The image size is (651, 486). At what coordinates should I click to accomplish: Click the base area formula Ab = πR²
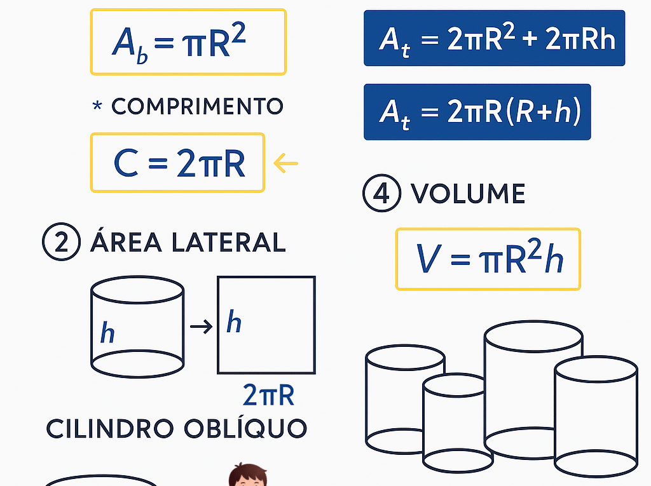pos(188,42)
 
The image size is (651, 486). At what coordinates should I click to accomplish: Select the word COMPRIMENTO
pos(197,106)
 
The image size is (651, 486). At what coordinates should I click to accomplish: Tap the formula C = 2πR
pos(177,163)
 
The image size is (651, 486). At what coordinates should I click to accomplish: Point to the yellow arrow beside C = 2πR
pos(285,163)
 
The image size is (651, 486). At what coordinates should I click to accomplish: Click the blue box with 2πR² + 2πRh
pos(494,38)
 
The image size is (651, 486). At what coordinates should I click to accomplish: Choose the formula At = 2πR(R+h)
pos(477,112)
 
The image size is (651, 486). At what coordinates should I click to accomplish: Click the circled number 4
pos(381,194)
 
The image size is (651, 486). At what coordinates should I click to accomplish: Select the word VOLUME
pos(468,194)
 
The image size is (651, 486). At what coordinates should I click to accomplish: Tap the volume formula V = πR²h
pos(488,259)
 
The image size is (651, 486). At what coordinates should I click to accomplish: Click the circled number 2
pos(61,243)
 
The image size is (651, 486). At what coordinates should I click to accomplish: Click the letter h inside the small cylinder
pos(107,332)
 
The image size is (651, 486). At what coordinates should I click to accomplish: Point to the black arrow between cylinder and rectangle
pos(201,327)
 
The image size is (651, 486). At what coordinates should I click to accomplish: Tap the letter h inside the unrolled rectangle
pos(234,322)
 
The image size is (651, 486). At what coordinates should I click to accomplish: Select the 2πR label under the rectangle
pos(268,395)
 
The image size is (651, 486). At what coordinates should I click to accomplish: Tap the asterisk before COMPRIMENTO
pos(97,105)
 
